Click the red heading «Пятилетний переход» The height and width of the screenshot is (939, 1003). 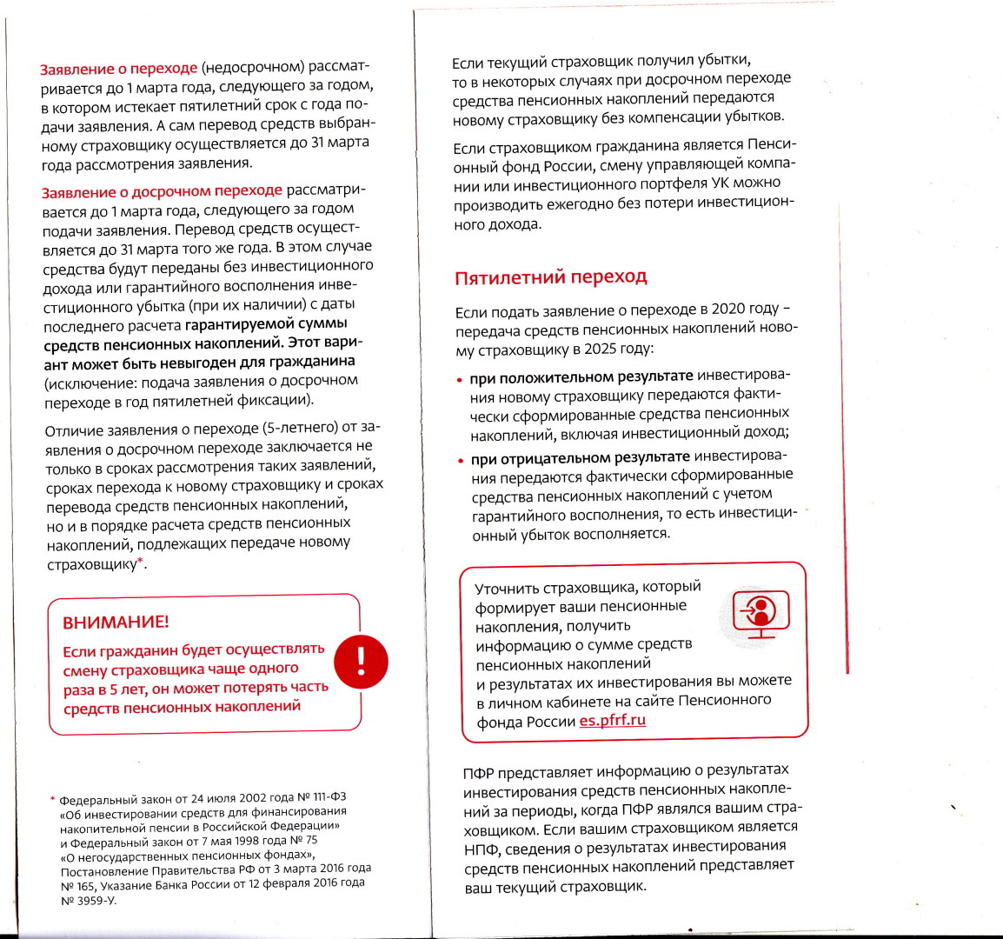point(550,277)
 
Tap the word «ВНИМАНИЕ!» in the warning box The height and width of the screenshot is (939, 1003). point(116,623)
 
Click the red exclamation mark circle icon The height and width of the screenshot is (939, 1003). point(361,662)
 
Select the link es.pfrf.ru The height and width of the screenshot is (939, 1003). point(612,721)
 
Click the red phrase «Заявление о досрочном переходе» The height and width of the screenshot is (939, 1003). point(162,191)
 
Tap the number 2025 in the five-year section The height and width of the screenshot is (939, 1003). point(599,349)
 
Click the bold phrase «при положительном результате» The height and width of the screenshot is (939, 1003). point(581,376)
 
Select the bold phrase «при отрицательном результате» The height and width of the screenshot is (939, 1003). point(580,457)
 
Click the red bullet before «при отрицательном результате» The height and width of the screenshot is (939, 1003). point(461,460)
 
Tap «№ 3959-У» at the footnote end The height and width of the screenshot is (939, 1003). point(88,901)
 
